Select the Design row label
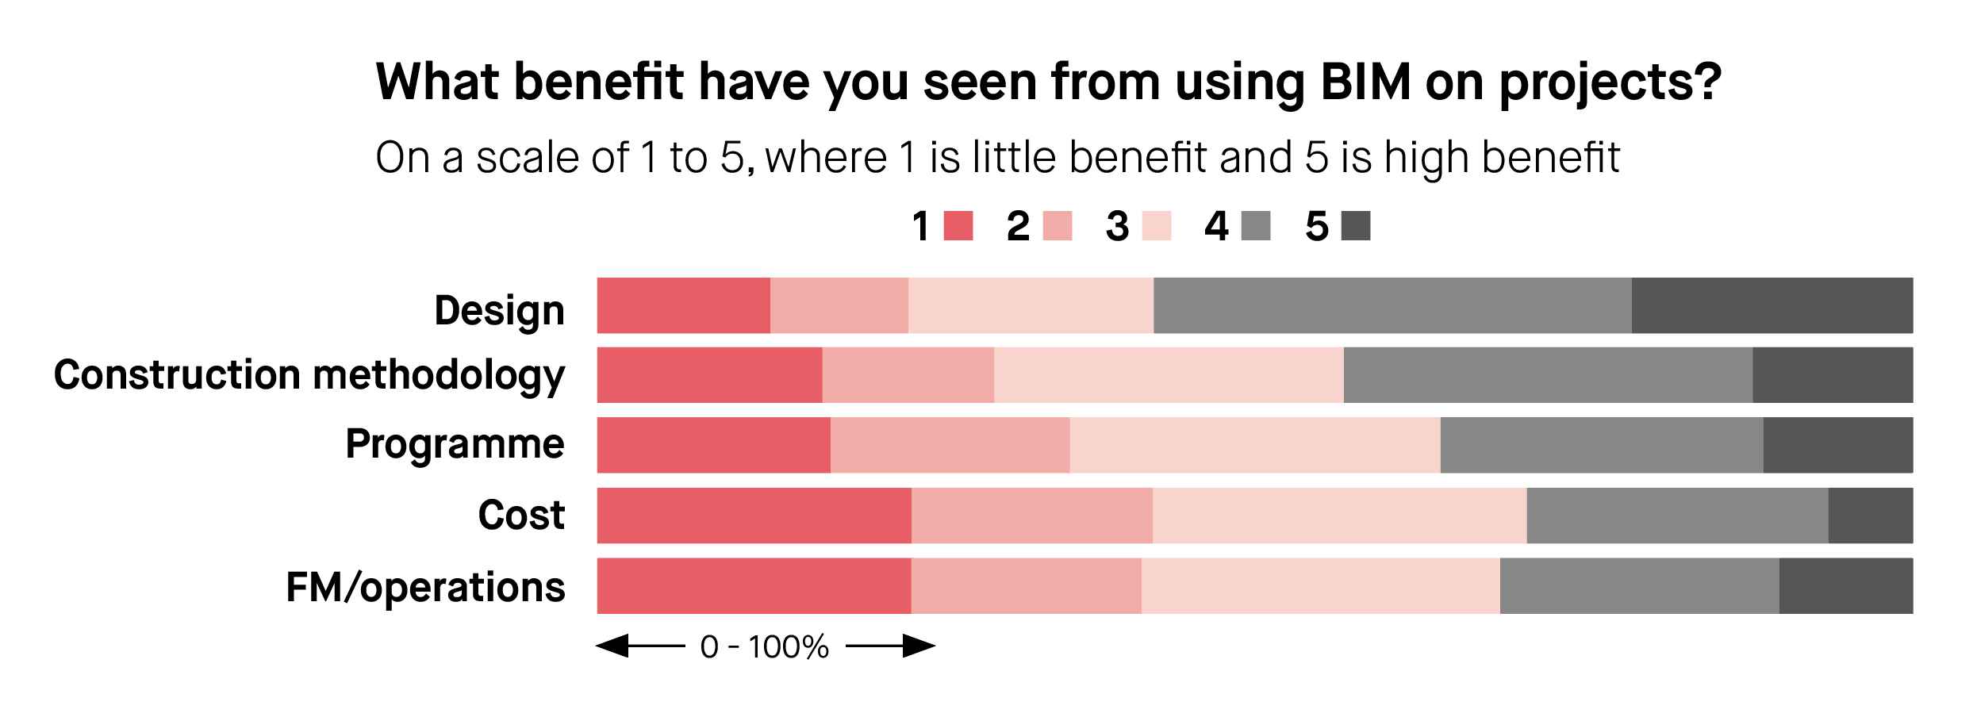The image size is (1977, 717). tap(500, 310)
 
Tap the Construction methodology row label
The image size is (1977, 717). tap(309, 375)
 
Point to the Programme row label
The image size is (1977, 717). tap(455, 444)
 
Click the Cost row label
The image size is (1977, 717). tap(521, 516)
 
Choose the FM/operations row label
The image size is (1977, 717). tap(425, 588)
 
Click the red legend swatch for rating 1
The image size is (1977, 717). tap(958, 226)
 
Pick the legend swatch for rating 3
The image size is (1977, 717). tap(1157, 226)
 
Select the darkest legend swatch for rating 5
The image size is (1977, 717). tap(1356, 226)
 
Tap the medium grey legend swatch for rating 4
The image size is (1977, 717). tap(1256, 226)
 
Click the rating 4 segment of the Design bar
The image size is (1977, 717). tap(1392, 305)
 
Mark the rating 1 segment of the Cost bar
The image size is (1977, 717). tap(754, 516)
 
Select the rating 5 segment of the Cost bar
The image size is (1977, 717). tap(1871, 516)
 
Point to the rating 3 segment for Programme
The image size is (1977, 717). tap(1255, 445)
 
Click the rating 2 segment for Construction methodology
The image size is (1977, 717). tap(908, 375)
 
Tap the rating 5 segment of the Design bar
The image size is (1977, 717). tap(1772, 305)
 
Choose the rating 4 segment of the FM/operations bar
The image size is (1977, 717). tap(1640, 586)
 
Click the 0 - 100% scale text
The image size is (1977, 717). tap(765, 647)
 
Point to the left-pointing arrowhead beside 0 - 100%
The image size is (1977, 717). tap(612, 646)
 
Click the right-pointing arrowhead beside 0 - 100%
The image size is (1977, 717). tap(919, 646)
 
